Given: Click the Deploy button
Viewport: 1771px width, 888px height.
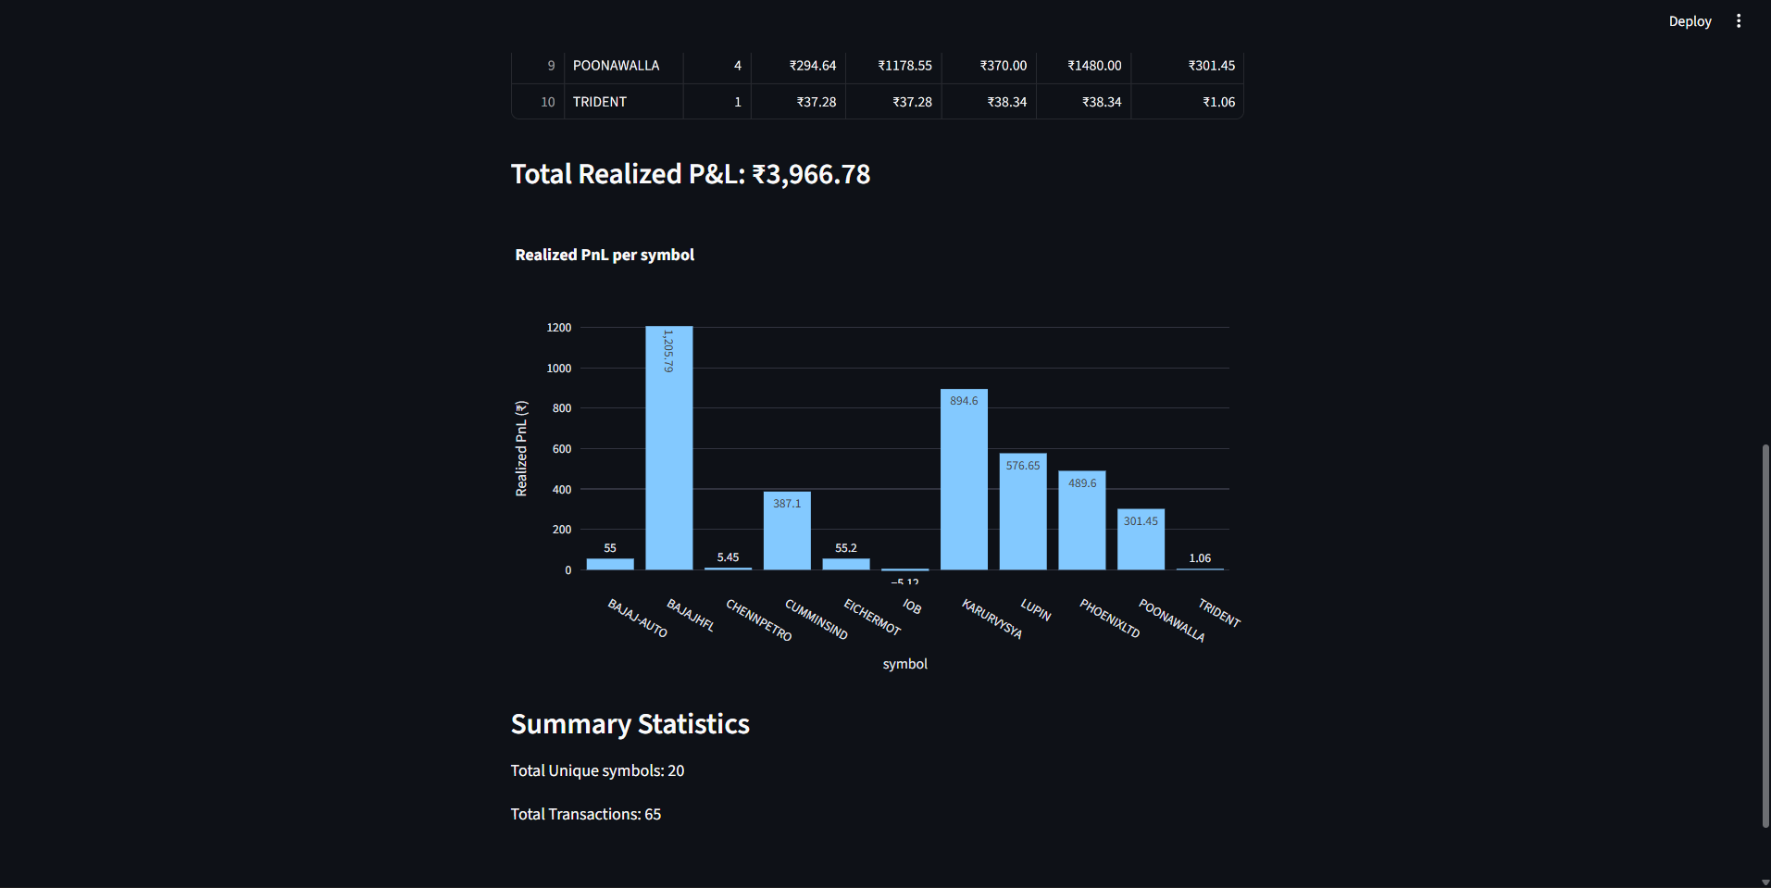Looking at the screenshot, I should [1690, 21].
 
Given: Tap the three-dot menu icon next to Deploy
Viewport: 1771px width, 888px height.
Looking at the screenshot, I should [1739, 21].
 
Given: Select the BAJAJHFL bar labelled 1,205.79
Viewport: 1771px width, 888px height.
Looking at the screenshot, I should [668, 449].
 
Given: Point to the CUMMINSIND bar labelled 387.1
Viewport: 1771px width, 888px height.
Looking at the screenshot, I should [787, 532].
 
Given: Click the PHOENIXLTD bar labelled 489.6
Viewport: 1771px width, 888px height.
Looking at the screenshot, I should [1081, 521].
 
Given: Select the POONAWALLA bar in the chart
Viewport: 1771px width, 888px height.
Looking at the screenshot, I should [1141, 541].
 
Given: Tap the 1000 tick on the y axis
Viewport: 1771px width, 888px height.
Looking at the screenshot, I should [559, 369].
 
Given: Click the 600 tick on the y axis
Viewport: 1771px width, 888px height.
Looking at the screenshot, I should [562, 449].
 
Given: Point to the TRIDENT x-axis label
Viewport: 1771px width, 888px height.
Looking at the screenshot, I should [1218, 613].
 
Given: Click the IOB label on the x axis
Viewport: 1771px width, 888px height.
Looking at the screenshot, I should [912, 607].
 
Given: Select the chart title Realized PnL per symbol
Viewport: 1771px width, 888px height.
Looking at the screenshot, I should [605, 255].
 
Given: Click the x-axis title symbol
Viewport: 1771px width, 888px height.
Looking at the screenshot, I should [904, 664].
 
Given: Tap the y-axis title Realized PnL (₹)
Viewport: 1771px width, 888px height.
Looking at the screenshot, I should [521, 448].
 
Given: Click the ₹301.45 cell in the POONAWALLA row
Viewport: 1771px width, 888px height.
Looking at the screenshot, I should [1211, 66].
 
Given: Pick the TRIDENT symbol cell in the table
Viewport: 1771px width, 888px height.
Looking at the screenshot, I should [600, 102].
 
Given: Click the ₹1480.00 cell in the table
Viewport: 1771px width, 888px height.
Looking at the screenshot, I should [1094, 66].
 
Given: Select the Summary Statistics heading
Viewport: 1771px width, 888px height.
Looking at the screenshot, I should [630, 724].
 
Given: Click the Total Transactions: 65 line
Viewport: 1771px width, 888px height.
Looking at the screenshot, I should [586, 814].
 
